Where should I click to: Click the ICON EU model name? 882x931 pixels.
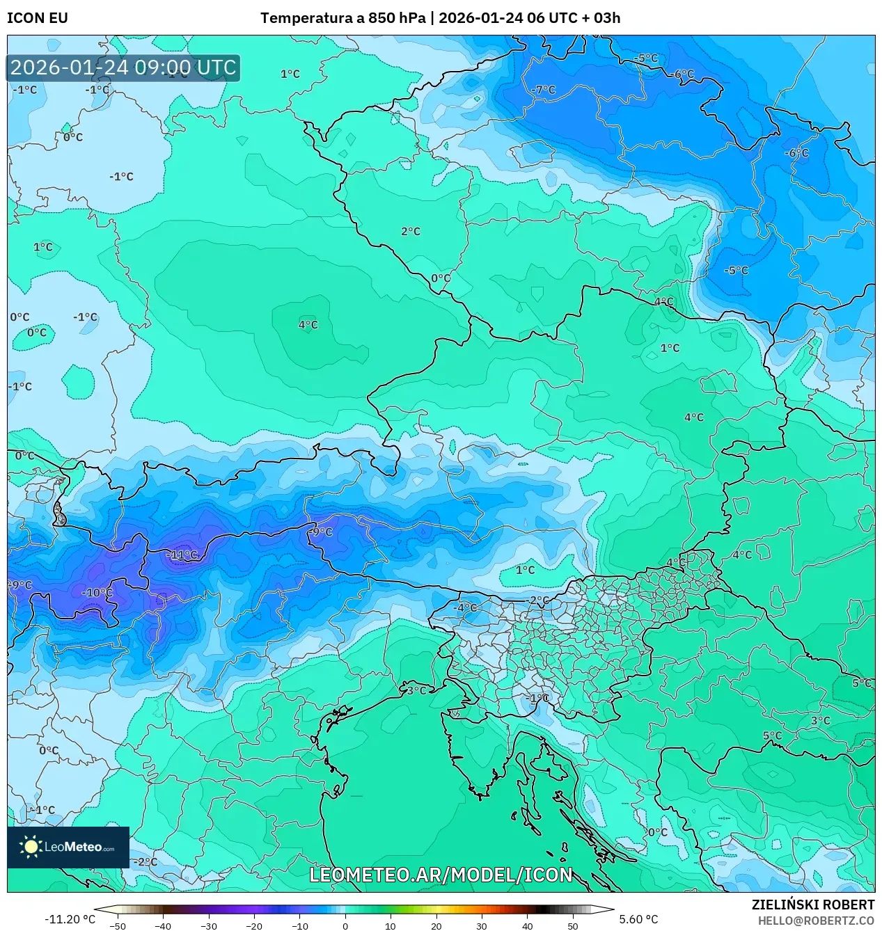(x=38, y=18)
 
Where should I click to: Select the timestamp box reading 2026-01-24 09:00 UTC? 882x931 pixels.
(x=124, y=68)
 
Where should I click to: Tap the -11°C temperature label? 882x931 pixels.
(x=183, y=555)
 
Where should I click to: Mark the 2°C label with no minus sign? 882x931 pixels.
(x=411, y=231)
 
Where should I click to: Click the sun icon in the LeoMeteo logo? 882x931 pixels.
(x=31, y=847)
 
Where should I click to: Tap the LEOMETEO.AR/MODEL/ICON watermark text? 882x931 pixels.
(x=441, y=875)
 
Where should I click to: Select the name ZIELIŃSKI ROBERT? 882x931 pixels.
(x=812, y=905)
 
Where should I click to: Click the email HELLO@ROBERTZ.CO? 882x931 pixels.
(x=816, y=921)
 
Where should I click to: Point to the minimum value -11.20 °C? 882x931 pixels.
(x=70, y=919)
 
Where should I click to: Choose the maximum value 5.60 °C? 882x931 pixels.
(x=638, y=919)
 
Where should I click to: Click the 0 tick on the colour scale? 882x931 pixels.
(x=345, y=925)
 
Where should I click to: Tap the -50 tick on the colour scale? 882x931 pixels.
(x=118, y=925)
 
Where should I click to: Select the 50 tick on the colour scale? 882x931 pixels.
(x=573, y=925)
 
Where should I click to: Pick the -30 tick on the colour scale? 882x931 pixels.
(x=209, y=925)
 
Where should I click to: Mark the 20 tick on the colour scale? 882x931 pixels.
(x=436, y=925)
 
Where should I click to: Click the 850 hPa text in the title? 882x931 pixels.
(x=396, y=18)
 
